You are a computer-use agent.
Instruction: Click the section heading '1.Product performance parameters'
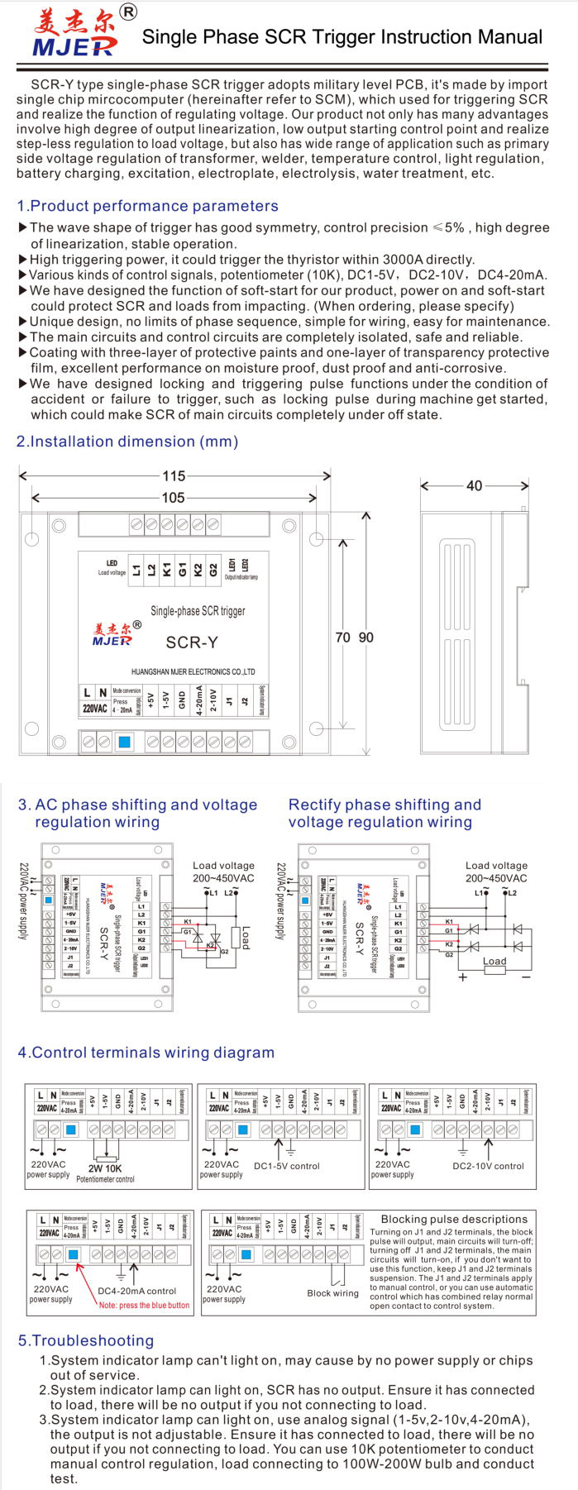tap(147, 206)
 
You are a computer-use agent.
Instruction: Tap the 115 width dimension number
tap(174, 475)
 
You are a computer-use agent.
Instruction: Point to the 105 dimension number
tap(173, 497)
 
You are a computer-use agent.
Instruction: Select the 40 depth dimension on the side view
tap(474, 485)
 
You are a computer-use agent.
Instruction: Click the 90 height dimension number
tap(365, 638)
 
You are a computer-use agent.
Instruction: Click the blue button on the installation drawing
tap(124, 742)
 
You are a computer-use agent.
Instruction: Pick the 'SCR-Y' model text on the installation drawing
tap(192, 642)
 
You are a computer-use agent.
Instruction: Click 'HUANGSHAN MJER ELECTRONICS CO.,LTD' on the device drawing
tap(193, 672)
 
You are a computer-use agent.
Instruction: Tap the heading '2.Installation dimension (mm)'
tap(127, 442)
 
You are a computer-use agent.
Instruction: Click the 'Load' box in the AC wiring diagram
tap(245, 937)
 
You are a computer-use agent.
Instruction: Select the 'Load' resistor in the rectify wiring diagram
tap(494, 962)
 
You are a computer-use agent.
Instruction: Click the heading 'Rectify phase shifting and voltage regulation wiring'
tap(384, 813)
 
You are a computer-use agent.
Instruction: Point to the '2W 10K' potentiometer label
tap(105, 1168)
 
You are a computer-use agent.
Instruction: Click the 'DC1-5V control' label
tap(286, 1166)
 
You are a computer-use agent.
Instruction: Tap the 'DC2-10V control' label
tap(488, 1166)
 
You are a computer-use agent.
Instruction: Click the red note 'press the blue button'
tap(144, 1305)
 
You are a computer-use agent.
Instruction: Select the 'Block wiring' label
tap(332, 1293)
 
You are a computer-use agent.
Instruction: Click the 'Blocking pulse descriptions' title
tap(454, 1219)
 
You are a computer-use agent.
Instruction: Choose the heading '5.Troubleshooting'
tap(86, 1340)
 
